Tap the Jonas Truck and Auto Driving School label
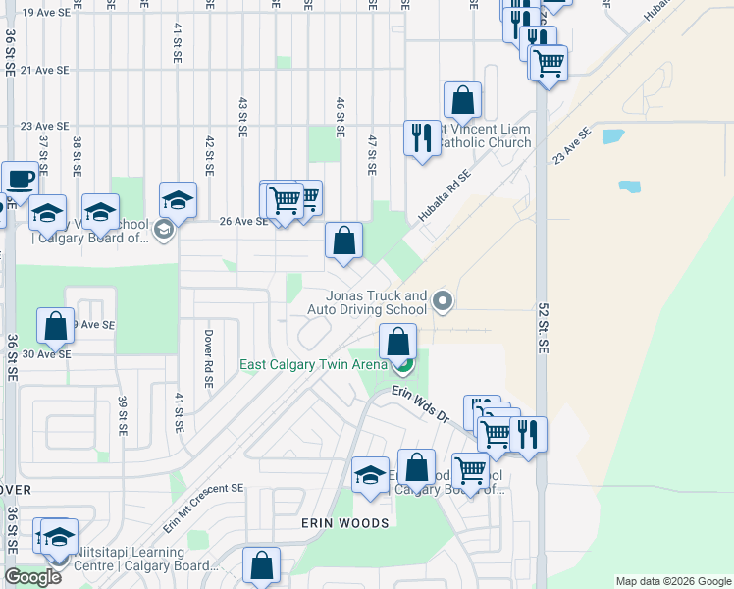point(367,302)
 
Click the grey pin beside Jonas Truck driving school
point(443,301)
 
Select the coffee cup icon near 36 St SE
point(20,179)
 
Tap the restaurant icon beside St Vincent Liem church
point(422,136)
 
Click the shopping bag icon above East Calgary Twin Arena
point(397,343)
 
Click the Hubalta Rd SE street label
point(445,195)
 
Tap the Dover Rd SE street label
point(209,343)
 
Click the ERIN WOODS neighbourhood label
point(345,523)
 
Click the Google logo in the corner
point(33,577)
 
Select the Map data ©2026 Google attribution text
point(672,581)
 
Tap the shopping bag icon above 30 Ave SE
point(56,327)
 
